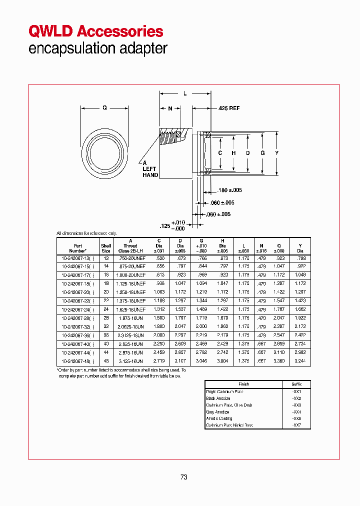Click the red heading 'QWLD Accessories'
coord(96,31)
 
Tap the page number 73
coord(183,477)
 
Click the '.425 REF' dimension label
coord(229,108)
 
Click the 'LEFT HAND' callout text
coord(150,172)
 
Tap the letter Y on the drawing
coord(276,153)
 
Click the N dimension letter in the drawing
coord(170,108)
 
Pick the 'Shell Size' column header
coord(106,248)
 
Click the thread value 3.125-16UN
coord(130,361)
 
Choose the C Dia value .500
coord(159,257)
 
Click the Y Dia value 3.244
coord(300,361)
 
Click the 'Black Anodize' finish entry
coord(218,398)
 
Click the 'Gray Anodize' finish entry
coord(217,412)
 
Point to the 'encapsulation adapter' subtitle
coord(97,49)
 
